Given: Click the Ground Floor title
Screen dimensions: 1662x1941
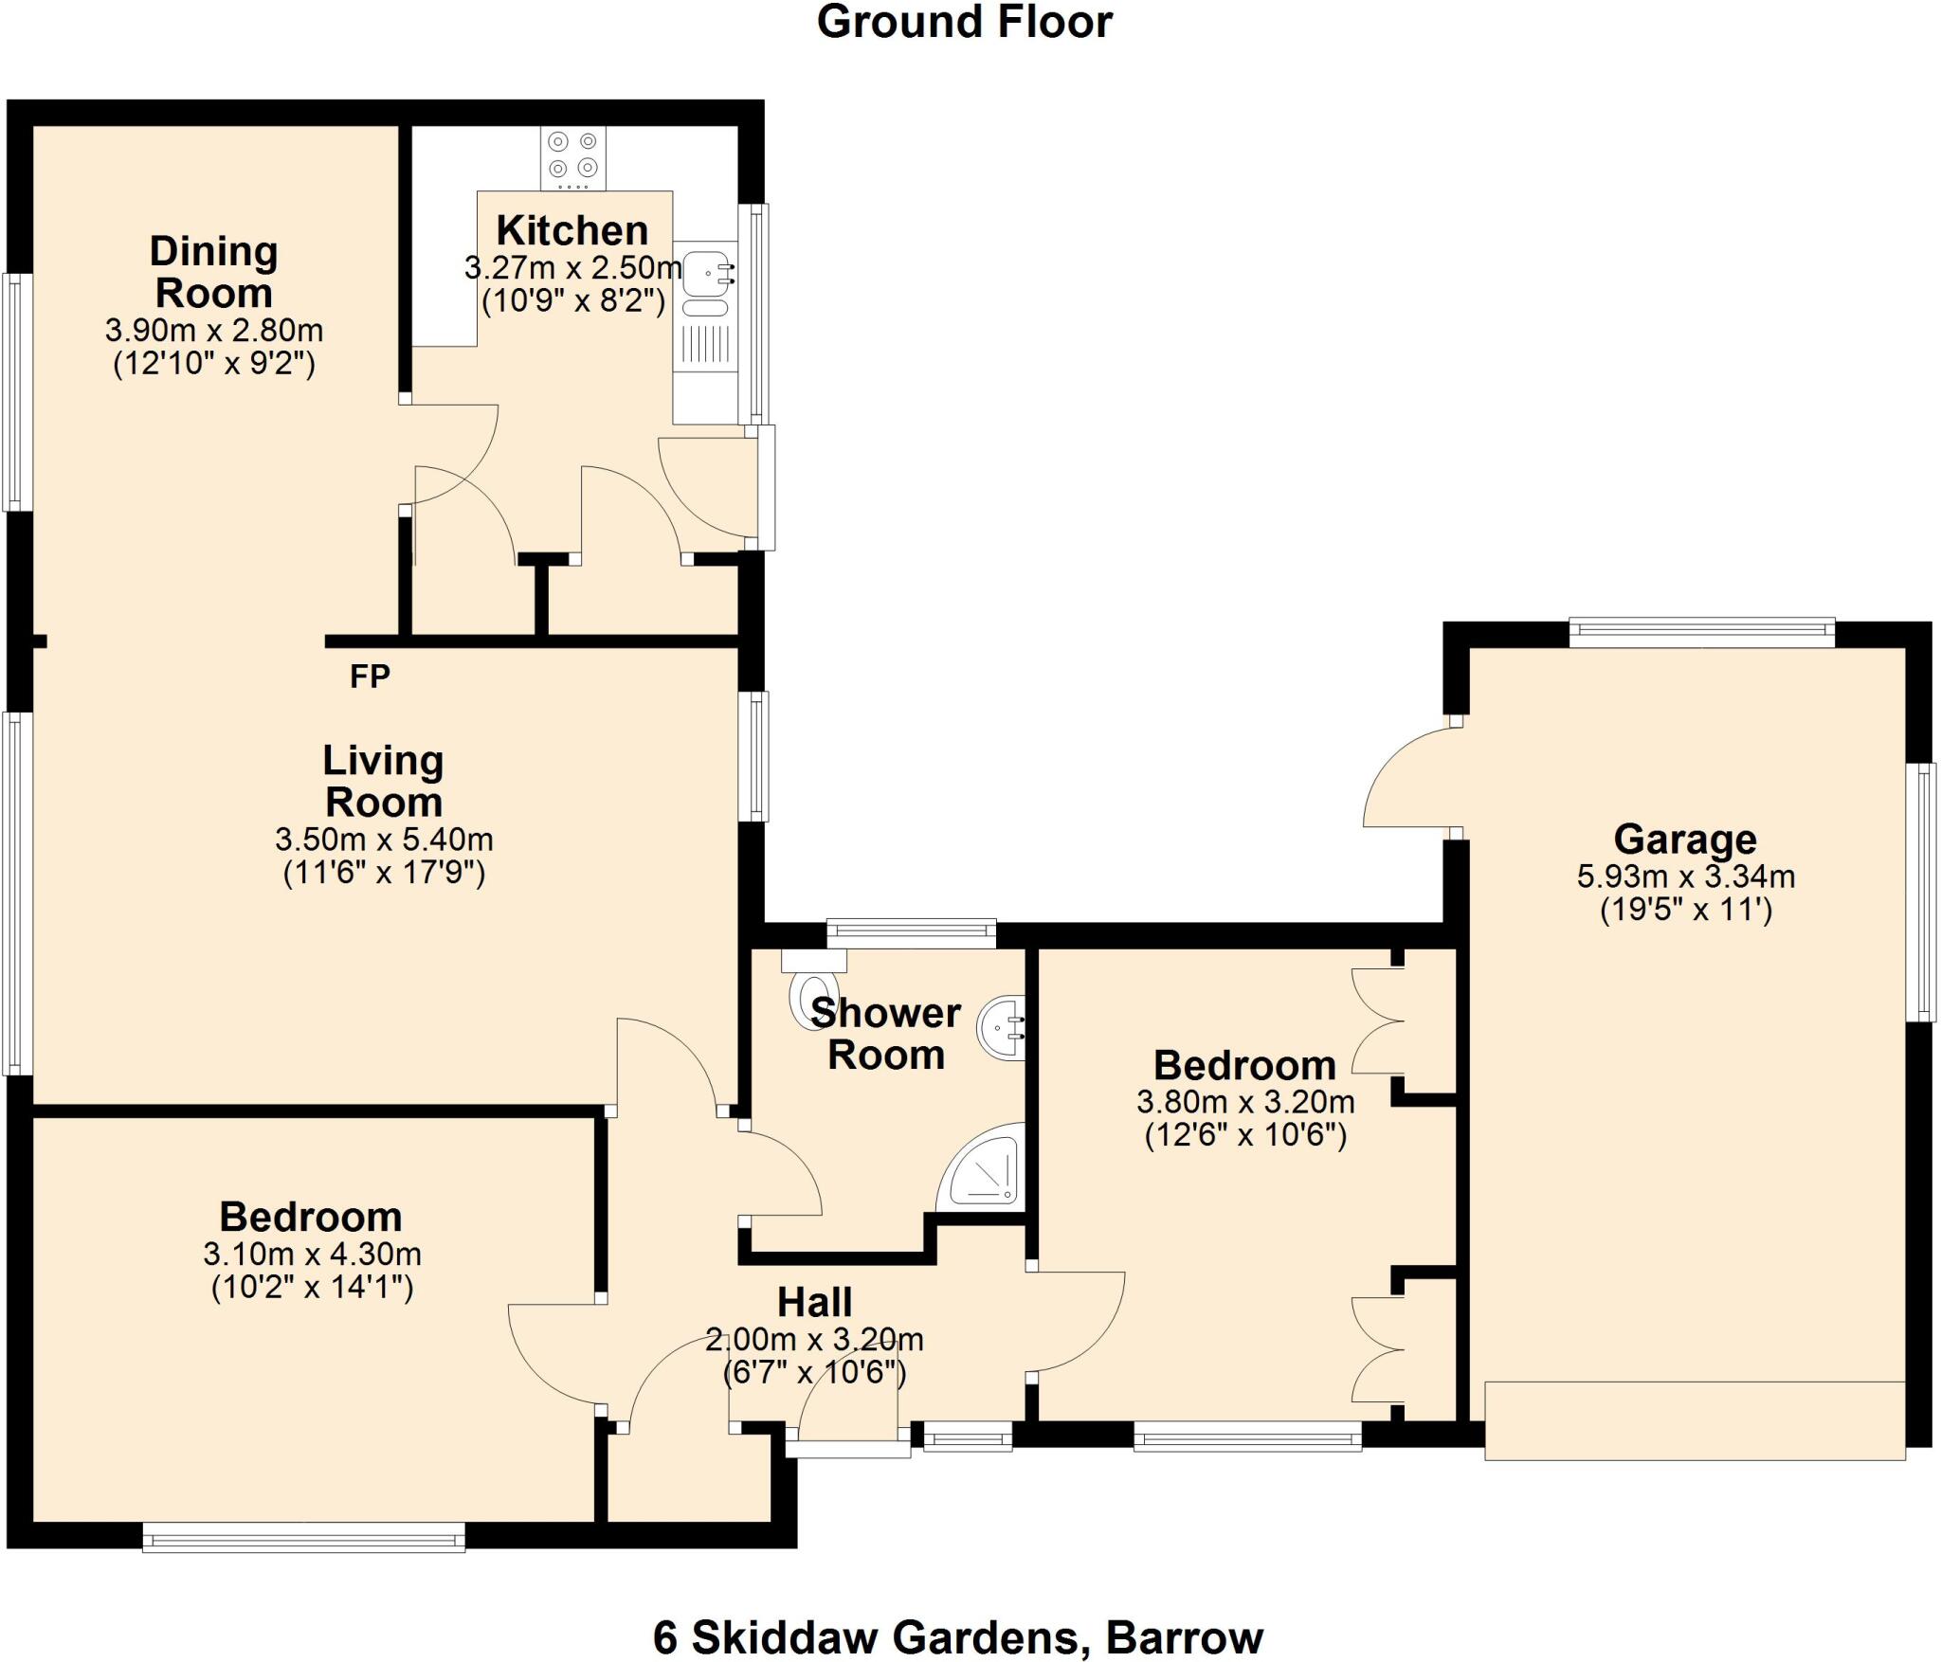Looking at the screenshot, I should click(964, 22).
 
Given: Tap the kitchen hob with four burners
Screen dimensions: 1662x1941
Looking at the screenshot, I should click(573, 156).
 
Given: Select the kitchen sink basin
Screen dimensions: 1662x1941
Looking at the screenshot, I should click(703, 272).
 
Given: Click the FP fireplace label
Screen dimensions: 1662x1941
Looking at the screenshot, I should click(370, 677).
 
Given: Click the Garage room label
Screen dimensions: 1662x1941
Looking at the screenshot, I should click(1685, 840).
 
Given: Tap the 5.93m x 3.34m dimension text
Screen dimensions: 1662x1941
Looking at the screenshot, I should click(1685, 876).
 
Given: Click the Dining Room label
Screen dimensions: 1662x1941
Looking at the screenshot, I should click(214, 272).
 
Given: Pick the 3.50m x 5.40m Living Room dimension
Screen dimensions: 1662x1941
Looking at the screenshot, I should click(384, 840).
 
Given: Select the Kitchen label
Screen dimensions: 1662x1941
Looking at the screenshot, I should click(572, 230).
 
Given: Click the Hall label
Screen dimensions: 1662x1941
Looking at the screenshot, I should click(814, 1302).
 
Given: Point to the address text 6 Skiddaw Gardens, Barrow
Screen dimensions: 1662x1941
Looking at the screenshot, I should click(958, 1636).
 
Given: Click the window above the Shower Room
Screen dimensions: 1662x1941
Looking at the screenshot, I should click(911, 932).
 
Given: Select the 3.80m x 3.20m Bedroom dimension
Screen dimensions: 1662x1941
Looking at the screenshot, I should click(1245, 1102).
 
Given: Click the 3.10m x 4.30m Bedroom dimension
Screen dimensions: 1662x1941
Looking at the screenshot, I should click(312, 1254).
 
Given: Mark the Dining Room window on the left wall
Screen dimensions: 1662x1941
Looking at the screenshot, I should click(17, 391).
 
